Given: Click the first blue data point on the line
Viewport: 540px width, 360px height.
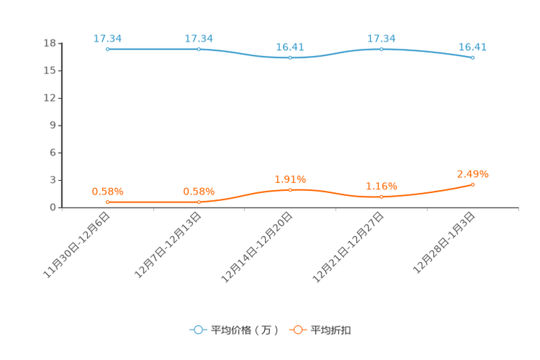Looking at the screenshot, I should click(107, 49).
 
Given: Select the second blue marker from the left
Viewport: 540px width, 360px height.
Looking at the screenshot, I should click(199, 49).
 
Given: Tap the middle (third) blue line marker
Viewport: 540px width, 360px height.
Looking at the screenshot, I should click(290, 57).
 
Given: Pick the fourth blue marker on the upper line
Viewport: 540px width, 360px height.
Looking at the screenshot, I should click(381, 49).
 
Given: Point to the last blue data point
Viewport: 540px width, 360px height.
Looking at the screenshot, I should click(472, 57).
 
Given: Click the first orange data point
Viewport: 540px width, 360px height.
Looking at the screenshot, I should click(107, 202).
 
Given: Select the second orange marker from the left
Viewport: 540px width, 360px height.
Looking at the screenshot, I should click(199, 202).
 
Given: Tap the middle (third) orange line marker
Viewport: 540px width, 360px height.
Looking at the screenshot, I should click(290, 190).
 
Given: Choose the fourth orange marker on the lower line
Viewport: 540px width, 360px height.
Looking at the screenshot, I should click(381, 197).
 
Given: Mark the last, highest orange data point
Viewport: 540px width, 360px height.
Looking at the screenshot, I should click(472, 185).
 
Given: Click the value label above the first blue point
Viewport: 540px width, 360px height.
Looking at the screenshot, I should click(107, 38).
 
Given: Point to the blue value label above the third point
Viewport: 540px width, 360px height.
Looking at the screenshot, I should click(290, 46).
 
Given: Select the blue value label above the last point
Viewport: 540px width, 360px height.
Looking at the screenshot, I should click(472, 46).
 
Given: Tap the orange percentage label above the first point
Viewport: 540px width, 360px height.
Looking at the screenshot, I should click(107, 192).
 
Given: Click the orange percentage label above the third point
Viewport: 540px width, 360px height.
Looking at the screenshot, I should click(290, 179).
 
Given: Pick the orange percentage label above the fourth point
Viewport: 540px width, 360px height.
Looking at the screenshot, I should click(381, 187).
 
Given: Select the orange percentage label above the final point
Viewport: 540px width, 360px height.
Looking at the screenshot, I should click(472, 173).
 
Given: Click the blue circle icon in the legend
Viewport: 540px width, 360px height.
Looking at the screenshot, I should click(198, 330).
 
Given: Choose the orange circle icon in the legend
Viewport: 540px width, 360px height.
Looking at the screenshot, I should click(298, 330).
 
